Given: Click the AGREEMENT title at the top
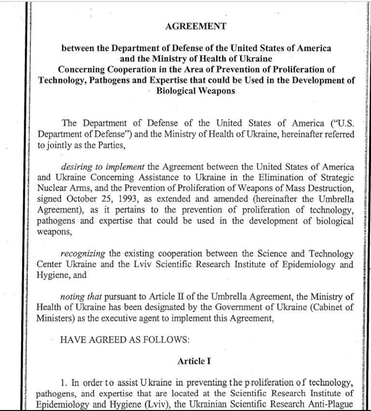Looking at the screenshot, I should click(x=196, y=27).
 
